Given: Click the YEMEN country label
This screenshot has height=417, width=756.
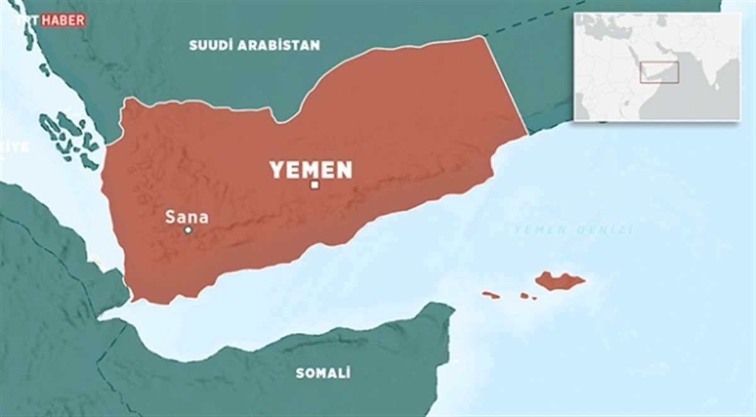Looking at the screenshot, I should coord(311,169).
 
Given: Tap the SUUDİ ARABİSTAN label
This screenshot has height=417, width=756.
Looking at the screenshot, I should coord(255,45).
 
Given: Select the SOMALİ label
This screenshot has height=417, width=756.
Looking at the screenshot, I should coord(323,373).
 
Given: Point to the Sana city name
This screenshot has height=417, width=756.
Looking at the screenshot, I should coord(186,218).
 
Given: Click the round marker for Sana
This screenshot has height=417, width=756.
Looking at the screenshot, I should coord(188,230).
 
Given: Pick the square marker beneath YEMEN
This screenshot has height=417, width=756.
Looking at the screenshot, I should coord(314,185).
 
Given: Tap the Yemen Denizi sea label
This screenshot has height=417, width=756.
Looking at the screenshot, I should coord(573,230).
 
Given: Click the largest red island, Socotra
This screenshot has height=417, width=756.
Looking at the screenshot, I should coord(559,281).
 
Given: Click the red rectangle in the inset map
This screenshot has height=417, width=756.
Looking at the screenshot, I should coord(659,72).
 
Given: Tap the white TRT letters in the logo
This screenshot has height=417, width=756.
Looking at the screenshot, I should coord(28,20).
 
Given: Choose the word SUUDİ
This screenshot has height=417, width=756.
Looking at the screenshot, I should coord(209,45).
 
